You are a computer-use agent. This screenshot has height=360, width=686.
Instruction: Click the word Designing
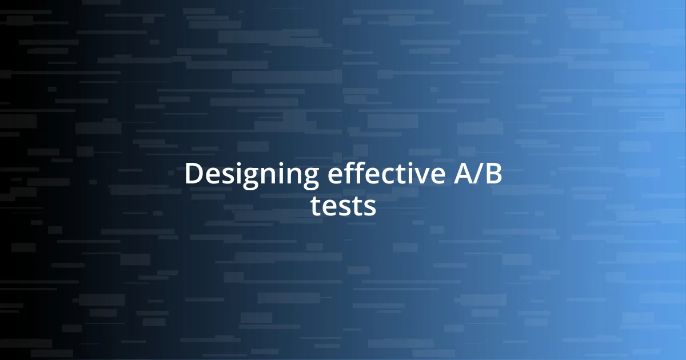(252, 175)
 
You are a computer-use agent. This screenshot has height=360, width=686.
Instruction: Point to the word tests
(343, 206)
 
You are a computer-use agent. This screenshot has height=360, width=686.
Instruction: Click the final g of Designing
(309, 178)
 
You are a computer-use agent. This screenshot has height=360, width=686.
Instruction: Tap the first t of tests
(317, 206)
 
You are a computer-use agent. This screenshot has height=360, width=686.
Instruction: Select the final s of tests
(370, 208)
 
